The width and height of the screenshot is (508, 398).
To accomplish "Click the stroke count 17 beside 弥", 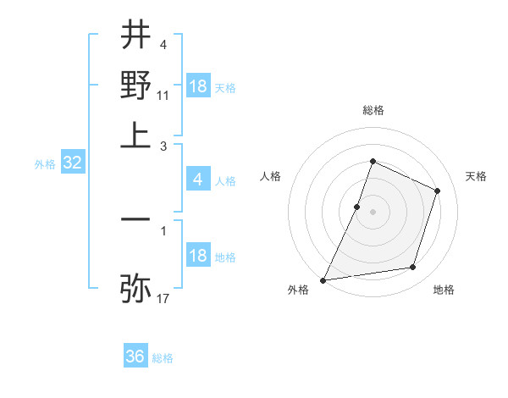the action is [x=163, y=297].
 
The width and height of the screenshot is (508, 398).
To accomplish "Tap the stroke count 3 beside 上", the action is [x=163, y=146].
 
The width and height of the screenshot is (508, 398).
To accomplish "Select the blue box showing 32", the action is [x=72, y=164].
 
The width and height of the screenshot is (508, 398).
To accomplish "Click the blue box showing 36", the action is [x=135, y=357].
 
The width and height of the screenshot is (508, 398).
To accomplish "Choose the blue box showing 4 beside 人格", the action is [x=197, y=180].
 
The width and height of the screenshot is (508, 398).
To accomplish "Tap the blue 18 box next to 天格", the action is [x=198, y=86].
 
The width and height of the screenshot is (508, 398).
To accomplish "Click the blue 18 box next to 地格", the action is [x=198, y=257].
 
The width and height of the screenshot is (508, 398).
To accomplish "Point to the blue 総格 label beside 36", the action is [x=163, y=358].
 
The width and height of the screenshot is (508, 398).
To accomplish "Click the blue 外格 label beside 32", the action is [x=44, y=165].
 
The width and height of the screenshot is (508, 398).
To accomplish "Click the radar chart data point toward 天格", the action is [x=438, y=191].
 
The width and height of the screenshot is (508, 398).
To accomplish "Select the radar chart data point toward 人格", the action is [x=357, y=207].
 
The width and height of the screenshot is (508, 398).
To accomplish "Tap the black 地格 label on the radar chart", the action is [x=444, y=290].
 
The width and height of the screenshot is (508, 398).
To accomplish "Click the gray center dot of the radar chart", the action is [x=373, y=212].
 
